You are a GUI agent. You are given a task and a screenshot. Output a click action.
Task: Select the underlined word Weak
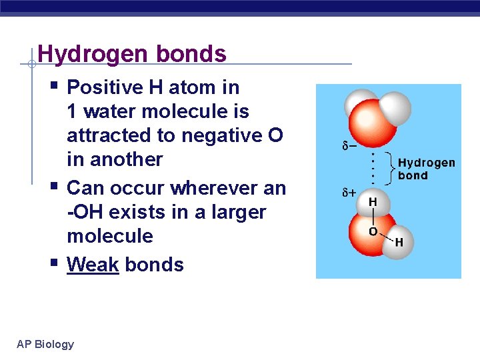coord(93,265)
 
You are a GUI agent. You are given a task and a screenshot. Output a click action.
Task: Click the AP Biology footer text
coord(45,344)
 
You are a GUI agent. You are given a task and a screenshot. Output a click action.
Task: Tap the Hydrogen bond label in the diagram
coord(426,169)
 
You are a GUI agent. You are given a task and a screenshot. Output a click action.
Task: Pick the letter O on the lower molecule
coord(373,231)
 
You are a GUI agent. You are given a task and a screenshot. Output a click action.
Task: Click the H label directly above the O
coord(373,201)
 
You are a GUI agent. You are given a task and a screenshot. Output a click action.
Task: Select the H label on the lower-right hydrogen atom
coord(399,243)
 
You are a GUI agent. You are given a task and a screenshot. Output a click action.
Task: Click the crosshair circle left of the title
coord(31,65)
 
